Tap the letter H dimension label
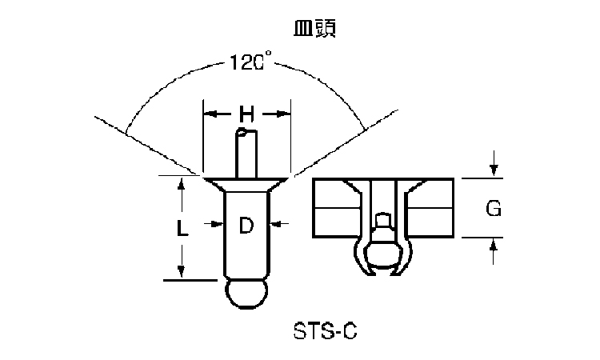[x=247, y=115]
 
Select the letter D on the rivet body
[x=246, y=226]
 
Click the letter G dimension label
[x=494, y=209]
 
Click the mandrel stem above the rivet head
[x=246, y=152]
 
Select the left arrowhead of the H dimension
[x=209, y=115]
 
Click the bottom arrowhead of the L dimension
[x=182, y=272]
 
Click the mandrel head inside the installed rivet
[x=382, y=240]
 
